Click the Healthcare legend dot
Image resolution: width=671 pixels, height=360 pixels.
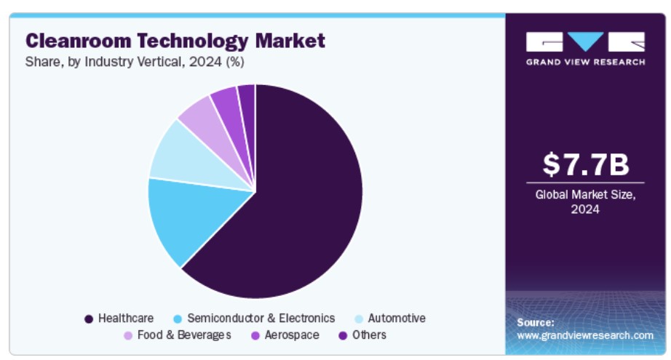tap(89, 319)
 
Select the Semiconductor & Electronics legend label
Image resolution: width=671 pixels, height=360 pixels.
tap(261, 319)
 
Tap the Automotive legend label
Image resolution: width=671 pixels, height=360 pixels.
tap(397, 319)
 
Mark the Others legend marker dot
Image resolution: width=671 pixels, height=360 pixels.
tap(342, 335)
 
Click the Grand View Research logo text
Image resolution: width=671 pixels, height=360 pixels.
tap(585, 62)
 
